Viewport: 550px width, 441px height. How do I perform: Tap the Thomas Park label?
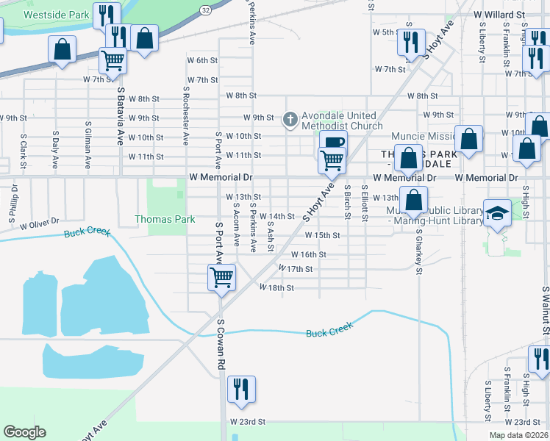pyautogui.click(x=165, y=219)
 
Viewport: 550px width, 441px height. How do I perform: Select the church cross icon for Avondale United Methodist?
pyautogui.click(x=290, y=118)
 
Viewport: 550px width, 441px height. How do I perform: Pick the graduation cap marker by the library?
pyautogui.click(x=498, y=213)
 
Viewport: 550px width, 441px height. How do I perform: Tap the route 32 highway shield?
pyautogui.click(x=204, y=7)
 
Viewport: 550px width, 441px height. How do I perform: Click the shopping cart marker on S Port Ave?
pyautogui.click(x=221, y=277)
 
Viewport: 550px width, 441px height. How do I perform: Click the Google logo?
pyautogui.click(x=24, y=432)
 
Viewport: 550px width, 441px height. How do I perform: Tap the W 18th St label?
pyautogui.click(x=276, y=288)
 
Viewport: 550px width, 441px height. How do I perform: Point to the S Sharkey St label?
pyautogui.click(x=418, y=254)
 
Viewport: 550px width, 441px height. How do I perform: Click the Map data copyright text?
pyautogui.click(x=518, y=435)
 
